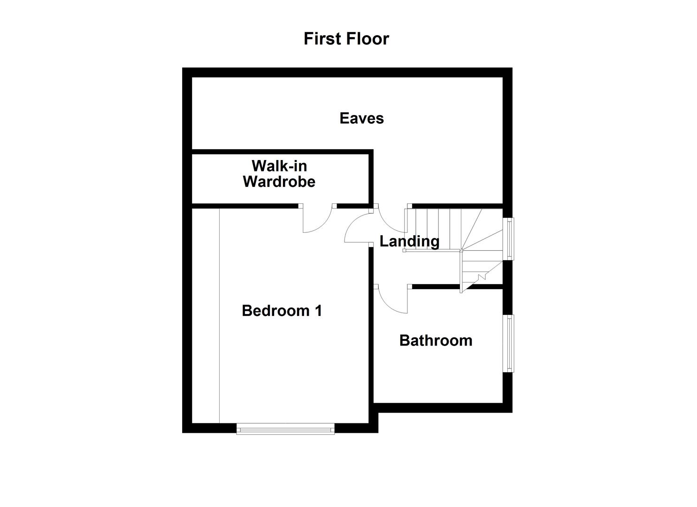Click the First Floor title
pos(346,38)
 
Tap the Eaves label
pos(361,118)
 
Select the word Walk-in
pos(279,166)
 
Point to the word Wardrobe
pos(279,182)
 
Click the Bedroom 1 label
pos(282,311)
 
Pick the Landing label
pos(409,241)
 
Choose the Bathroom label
pos(436,340)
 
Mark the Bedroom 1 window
pos(285,429)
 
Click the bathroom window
pos(508,343)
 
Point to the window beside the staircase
pos(508,238)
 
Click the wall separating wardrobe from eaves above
pos(282,152)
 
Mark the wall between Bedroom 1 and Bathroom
pos(371,343)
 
